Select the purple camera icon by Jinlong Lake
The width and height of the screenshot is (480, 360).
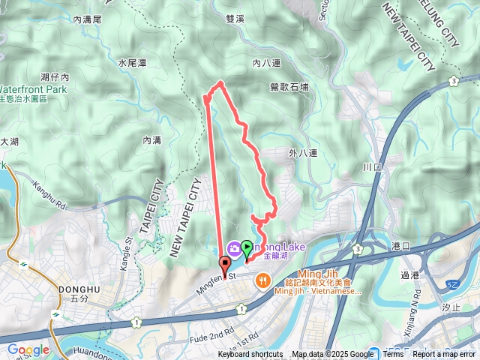(234, 248)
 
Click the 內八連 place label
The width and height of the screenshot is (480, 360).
(266, 63)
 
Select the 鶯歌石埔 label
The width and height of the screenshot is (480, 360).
(289, 87)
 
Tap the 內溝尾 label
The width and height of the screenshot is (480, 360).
(87, 22)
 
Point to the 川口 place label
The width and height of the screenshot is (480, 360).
(373, 166)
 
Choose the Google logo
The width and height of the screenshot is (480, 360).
(28, 349)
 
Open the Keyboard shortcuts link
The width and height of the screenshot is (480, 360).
(250, 355)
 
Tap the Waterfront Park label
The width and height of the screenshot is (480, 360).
(33, 89)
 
